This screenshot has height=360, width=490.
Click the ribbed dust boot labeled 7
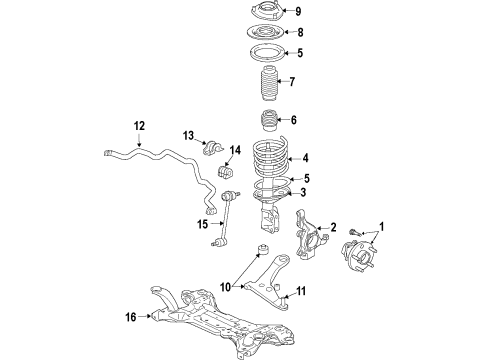[268, 84]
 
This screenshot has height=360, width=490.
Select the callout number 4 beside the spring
[305, 157]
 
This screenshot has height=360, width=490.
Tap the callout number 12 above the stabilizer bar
[139, 126]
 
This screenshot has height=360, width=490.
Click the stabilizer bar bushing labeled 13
[211, 149]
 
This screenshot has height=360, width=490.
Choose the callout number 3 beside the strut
[303, 193]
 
